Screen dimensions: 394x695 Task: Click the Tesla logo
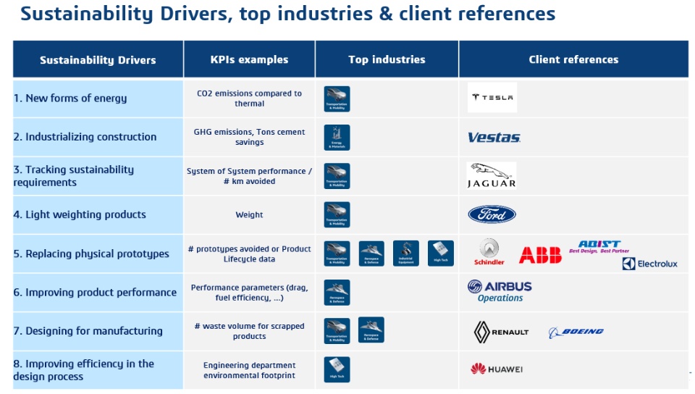(492, 98)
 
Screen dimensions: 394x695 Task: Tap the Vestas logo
(494, 138)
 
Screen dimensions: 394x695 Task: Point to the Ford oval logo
(492, 214)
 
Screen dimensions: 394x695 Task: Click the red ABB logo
(539, 255)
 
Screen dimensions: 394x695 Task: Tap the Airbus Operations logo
(500, 292)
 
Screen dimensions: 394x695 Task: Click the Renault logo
(501, 332)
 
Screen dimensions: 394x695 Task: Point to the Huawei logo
(497, 369)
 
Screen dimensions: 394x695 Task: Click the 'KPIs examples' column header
(249, 59)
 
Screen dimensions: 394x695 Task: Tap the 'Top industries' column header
(387, 59)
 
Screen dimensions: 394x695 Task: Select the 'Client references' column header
(573, 59)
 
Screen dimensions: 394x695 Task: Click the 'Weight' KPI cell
(249, 214)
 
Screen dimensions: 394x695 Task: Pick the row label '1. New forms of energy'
(70, 98)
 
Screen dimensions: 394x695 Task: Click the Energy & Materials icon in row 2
(337, 138)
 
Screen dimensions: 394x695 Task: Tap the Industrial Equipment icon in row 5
(405, 253)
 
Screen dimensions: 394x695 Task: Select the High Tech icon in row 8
(337, 369)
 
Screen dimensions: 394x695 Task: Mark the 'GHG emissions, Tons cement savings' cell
(249, 137)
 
